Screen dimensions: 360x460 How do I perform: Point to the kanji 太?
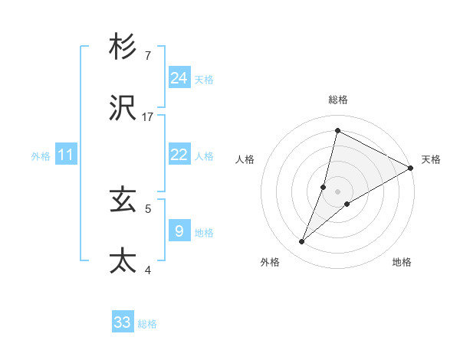point(123,260)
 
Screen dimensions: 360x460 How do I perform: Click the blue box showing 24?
point(179,77)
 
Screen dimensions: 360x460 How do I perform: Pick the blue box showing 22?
point(179,154)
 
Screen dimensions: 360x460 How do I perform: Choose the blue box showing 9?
point(179,231)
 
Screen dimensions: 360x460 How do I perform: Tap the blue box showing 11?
point(66,155)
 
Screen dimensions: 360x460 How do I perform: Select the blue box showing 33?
point(123,322)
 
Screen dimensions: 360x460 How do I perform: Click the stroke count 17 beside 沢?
point(149,117)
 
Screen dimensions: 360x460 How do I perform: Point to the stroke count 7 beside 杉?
point(148,55)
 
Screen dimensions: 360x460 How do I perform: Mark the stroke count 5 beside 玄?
point(148,208)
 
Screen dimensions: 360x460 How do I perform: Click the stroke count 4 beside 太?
point(148,270)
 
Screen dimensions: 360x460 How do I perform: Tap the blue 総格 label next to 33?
point(147,324)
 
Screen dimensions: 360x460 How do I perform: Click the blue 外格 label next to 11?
point(41,156)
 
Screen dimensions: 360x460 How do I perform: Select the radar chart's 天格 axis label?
point(431,159)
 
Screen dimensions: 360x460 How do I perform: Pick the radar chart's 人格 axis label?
point(245,159)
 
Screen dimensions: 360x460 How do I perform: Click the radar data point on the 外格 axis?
point(302,242)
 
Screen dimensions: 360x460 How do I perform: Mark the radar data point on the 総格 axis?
point(337,131)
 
